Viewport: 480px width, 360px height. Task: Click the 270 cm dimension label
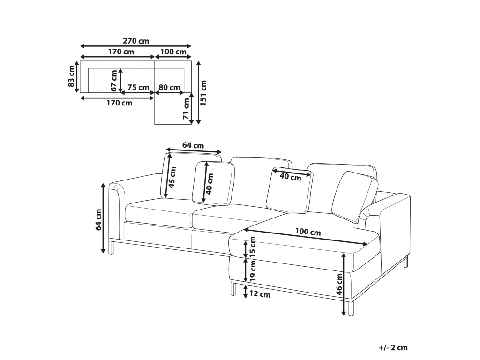pos(136,41)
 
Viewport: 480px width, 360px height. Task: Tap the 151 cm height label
pos(203,93)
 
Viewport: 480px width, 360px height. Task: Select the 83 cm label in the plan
pos(71,76)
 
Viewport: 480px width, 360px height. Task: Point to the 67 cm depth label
pos(114,81)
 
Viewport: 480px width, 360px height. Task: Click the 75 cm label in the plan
pos(138,87)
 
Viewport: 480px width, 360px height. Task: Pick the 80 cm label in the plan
pos(169,87)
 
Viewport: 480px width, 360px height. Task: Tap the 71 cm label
pos(186,109)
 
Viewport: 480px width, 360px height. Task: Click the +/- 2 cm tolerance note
pos(393,347)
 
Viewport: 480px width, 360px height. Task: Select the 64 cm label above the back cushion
pos(193,145)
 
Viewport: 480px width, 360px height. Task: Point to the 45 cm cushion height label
pos(172,177)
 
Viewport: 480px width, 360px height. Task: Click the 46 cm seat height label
pos(339,285)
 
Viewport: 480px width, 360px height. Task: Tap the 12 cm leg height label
pos(260,294)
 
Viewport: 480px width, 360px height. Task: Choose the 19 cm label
pos(253,271)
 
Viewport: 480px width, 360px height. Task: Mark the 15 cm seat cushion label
pos(253,247)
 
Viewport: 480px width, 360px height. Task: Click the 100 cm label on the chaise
pos(308,232)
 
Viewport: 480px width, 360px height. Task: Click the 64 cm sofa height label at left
pos(98,219)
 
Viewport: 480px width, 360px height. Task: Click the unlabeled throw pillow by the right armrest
pos(355,196)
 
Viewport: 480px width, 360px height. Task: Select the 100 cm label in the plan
pos(173,52)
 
